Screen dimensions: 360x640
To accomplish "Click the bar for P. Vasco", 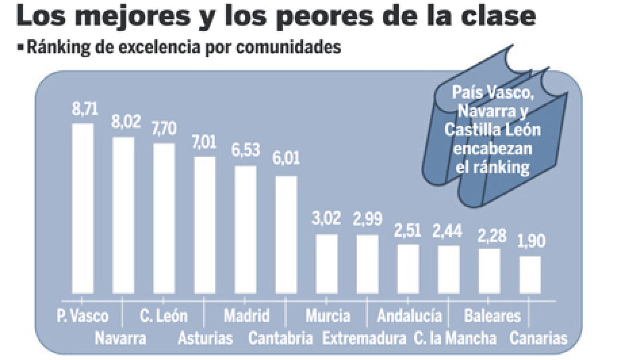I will pos(82,208).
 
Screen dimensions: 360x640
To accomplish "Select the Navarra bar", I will pos(123,215).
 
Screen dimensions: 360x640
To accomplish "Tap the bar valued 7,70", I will pos(164,218).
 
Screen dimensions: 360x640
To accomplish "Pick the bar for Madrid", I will pos(245,230).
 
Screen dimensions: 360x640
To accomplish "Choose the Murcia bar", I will pos(327,264).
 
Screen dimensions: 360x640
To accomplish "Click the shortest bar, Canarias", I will pos(530,275).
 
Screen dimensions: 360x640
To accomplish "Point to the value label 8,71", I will pos(85,109).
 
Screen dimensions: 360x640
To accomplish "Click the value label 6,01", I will pos(286,158).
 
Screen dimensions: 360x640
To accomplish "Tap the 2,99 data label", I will pos(367,219).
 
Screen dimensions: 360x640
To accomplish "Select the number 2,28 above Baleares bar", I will pos(492,236).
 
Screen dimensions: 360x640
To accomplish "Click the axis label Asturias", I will pos(205,338).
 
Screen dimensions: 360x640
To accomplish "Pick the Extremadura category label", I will pos(364,338).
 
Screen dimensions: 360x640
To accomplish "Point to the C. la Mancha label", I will pos(455,338).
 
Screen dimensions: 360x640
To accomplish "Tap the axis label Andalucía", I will pos(409,316).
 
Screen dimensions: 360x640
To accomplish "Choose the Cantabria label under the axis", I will pos(280,338).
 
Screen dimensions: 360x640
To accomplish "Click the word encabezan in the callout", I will pos(492,149).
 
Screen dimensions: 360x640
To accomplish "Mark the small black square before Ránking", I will pos(21,47).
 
